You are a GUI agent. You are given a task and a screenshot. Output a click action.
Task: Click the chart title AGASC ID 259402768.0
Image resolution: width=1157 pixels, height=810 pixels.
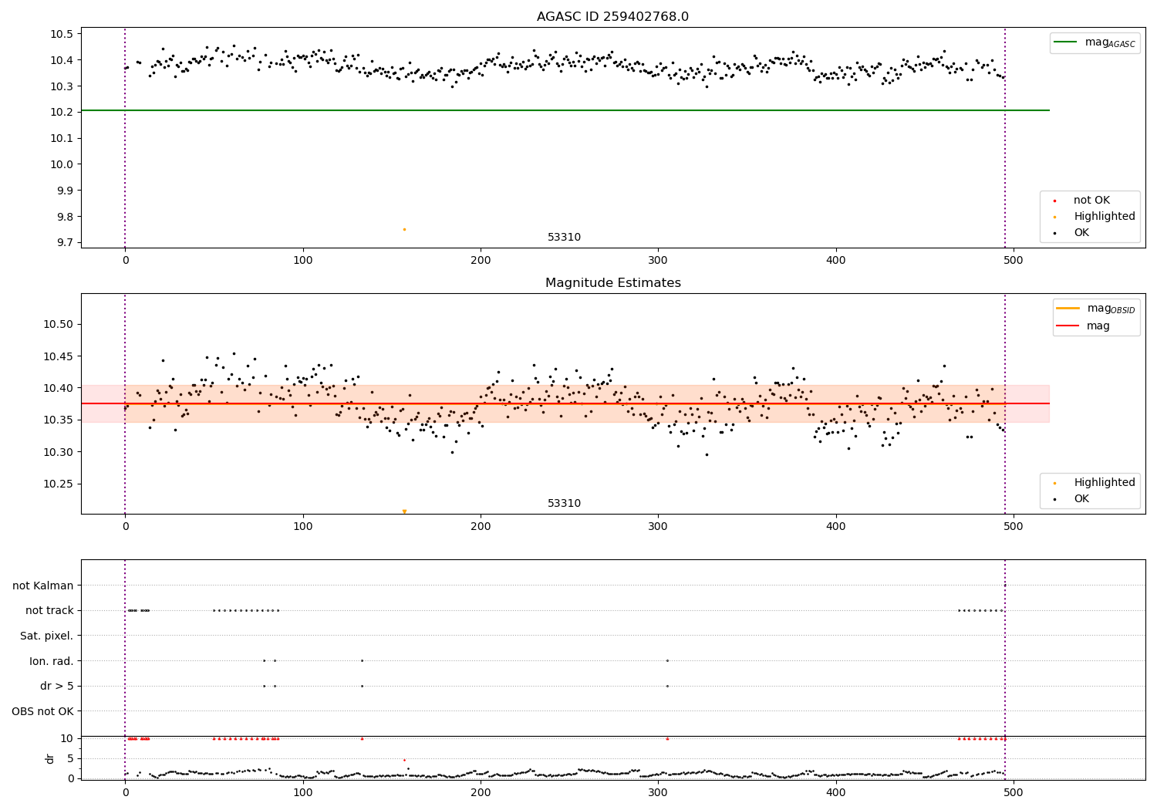[612, 17]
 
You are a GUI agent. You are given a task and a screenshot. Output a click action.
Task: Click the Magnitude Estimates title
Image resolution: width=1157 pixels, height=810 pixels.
[612, 283]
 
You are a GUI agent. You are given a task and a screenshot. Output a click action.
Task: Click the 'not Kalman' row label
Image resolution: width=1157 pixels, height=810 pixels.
[43, 586]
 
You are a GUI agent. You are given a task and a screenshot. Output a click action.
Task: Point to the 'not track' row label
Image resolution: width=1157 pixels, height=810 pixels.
[49, 610]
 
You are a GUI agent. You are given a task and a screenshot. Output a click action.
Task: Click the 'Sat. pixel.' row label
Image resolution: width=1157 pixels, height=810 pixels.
[46, 636]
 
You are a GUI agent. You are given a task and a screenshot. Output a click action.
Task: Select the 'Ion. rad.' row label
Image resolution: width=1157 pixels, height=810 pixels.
[52, 661]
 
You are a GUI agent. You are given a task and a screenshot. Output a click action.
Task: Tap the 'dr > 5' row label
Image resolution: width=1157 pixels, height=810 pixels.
[57, 686]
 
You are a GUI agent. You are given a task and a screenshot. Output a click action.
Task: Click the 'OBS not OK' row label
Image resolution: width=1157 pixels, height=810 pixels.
[42, 711]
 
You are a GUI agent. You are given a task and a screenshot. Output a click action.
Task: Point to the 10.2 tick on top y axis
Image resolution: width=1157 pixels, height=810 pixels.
[62, 112]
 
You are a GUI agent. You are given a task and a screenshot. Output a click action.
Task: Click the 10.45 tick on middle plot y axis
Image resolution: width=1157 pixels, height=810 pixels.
[58, 356]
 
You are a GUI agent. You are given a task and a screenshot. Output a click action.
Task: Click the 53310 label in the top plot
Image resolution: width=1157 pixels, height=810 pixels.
[564, 238]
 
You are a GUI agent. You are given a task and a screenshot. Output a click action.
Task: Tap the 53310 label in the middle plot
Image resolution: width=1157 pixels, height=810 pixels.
[564, 504]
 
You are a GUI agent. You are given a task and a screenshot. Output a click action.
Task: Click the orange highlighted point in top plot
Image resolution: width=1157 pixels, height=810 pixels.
[404, 229]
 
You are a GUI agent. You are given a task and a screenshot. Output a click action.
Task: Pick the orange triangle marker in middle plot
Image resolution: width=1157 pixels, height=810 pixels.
[404, 511]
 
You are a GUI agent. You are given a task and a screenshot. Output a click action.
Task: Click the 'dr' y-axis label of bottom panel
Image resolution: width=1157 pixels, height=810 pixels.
[50, 758]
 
